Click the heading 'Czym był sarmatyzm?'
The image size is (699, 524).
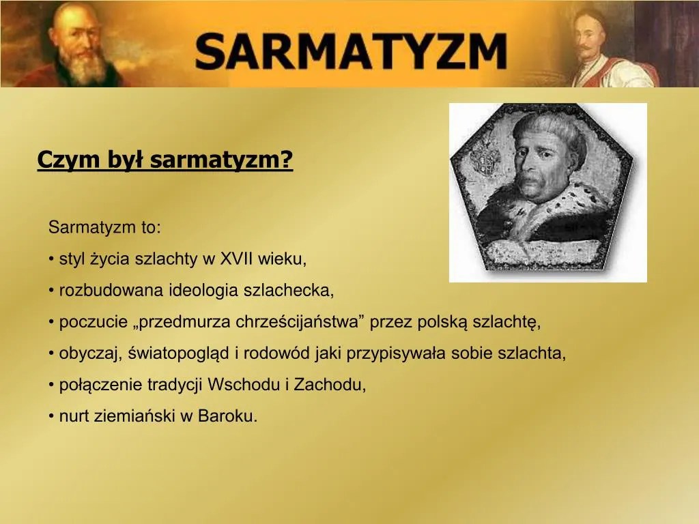pyautogui.click(x=165, y=160)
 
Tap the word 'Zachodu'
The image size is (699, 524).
pyautogui.click(x=330, y=385)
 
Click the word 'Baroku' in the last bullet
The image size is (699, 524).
pyautogui.click(x=225, y=416)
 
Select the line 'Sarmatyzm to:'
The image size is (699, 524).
pyautogui.click(x=104, y=227)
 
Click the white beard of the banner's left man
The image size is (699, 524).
pyautogui.click(x=83, y=66)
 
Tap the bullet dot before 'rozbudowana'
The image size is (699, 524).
pyautogui.click(x=51, y=291)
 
